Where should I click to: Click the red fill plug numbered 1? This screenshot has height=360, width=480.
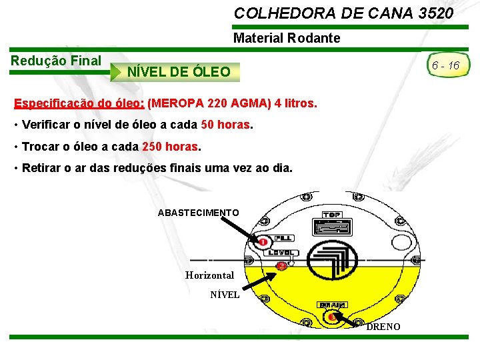coord(263,241)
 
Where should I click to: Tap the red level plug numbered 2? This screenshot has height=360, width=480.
coord(282,266)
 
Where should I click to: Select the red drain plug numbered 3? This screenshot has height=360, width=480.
coord(332,317)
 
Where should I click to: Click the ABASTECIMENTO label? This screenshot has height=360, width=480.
coord(198,213)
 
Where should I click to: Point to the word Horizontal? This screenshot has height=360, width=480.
coord(209,275)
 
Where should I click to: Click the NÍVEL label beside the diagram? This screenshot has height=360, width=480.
coord(225,294)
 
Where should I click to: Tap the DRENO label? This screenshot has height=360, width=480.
coord(383,327)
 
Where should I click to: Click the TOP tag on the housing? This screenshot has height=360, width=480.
coord(331,215)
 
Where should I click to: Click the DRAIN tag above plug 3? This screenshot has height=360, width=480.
coord(332,305)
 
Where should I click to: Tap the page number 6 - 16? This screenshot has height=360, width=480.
coord(445,65)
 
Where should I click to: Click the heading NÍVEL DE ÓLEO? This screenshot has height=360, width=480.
coord(179,71)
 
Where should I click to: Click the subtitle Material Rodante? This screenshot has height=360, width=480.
coord(287,38)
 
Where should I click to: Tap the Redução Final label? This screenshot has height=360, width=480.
coord(56,61)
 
